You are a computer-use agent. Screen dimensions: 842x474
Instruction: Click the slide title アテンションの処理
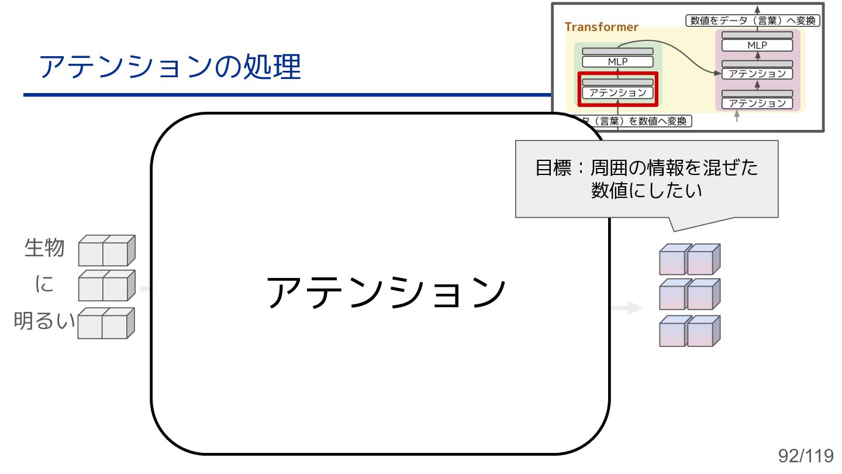point(170,67)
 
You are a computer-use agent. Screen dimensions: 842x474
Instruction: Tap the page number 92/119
point(805,456)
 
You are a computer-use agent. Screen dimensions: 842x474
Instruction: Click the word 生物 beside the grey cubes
point(44,248)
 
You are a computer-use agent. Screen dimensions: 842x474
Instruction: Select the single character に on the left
point(44,285)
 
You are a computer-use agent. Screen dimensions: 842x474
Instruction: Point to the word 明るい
point(44,321)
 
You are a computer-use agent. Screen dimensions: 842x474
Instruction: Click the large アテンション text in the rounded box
point(385,292)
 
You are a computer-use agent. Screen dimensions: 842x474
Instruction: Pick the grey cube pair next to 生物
point(106,250)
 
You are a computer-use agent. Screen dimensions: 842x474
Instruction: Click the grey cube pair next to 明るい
point(106,323)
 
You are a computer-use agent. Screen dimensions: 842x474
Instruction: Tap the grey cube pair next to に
point(106,286)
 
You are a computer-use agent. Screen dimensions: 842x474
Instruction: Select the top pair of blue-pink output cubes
point(689,260)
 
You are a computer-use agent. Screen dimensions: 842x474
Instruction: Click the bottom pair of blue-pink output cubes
point(689,331)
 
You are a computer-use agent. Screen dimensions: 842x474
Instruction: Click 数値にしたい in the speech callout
point(646,191)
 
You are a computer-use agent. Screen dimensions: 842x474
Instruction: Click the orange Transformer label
point(601,27)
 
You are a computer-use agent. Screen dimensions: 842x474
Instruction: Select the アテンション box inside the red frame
point(617,93)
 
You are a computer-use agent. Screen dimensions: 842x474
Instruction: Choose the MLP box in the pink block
point(757,45)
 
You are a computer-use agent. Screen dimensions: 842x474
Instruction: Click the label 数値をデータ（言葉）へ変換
point(753,20)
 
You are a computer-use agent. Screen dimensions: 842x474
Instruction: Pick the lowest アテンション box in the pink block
point(757,103)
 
